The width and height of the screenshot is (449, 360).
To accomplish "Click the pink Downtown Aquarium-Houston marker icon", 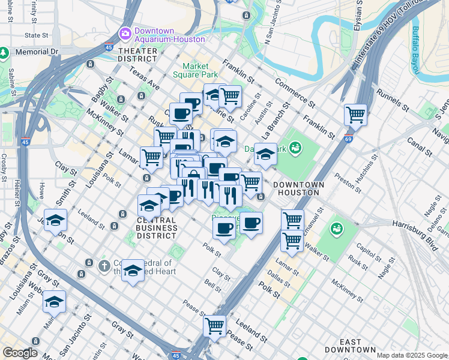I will [126, 33].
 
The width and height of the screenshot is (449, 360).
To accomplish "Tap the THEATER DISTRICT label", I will [137, 55].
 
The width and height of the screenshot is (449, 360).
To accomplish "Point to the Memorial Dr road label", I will [37, 52].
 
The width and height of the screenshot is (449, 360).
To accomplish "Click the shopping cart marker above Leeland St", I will [214, 326].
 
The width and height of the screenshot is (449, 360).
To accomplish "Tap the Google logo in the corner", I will [20, 353].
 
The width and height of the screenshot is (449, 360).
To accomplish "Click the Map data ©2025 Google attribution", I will [411, 355].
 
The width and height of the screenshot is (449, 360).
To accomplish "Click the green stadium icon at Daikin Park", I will [295, 147].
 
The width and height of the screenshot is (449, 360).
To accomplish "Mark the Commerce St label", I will [296, 92].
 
